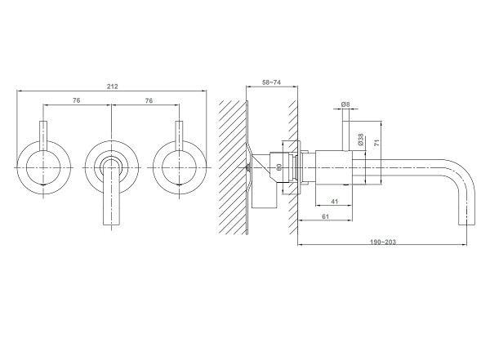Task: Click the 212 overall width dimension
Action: [x=113, y=87]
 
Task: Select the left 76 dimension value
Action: [x=77, y=100]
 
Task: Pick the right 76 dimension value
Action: [x=149, y=100]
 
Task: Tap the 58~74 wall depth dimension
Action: [x=272, y=82]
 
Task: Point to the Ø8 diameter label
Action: [x=345, y=104]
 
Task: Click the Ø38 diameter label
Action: [x=361, y=140]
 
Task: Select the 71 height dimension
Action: [x=376, y=143]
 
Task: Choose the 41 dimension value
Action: [x=334, y=202]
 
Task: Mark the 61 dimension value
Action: [x=325, y=216]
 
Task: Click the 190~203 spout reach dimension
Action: [x=383, y=242]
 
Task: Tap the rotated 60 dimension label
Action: [x=279, y=167]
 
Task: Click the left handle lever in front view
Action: [x=43, y=136]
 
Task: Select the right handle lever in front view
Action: [x=179, y=136]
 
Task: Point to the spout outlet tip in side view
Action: [x=466, y=224]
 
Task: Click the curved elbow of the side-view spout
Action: [x=466, y=175]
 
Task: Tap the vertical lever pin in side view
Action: [x=346, y=136]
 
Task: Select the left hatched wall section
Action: [x=233, y=167]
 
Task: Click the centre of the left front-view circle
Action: [x=43, y=168]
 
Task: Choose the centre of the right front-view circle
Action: [x=179, y=168]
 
